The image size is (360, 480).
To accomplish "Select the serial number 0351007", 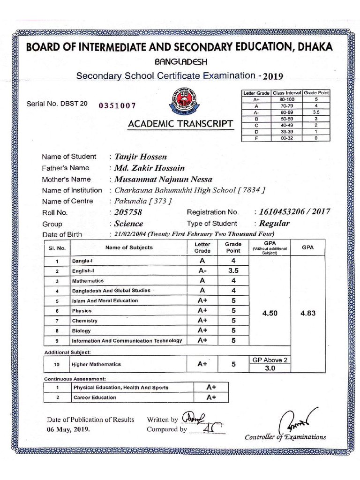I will tap(117, 106).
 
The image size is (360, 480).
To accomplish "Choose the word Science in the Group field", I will tap(129, 224).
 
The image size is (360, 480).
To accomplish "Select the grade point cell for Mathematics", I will tap(233, 281).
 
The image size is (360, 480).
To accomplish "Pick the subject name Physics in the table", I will tap(82, 311).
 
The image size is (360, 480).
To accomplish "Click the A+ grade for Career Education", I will tap(210, 397).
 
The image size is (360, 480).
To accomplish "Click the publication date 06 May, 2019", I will tap(68, 429).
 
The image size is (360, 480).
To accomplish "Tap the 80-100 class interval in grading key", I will tap(287, 99).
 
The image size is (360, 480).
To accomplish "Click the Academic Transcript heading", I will tap(180, 124).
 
